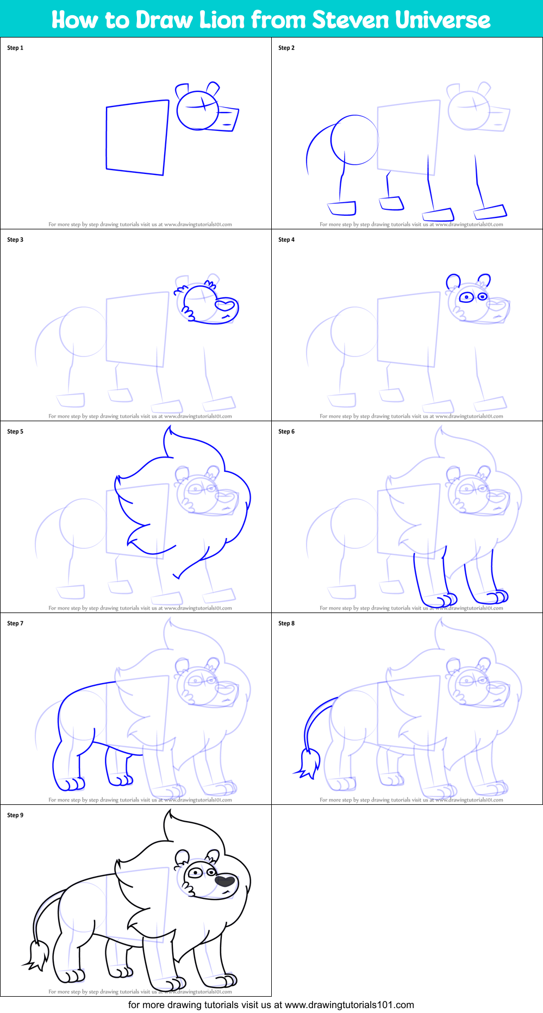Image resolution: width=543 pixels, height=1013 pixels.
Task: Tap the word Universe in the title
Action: (x=443, y=20)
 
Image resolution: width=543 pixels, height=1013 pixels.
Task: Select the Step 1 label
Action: (x=15, y=48)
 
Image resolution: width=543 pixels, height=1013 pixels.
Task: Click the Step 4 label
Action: (x=286, y=240)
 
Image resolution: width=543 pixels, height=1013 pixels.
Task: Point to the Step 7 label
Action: (x=15, y=623)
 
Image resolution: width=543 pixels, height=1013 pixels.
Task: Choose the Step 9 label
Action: (x=15, y=815)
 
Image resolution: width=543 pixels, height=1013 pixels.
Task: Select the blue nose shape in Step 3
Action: (x=226, y=305)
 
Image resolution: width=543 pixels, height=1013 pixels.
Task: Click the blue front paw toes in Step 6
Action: (x=447, y=600)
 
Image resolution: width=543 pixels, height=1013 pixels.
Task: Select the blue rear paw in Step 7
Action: (x=70, y=783)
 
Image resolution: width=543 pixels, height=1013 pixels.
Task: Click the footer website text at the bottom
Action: (x=271, y=1005)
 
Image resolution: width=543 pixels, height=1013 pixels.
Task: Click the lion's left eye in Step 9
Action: (x=194, y=873)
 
